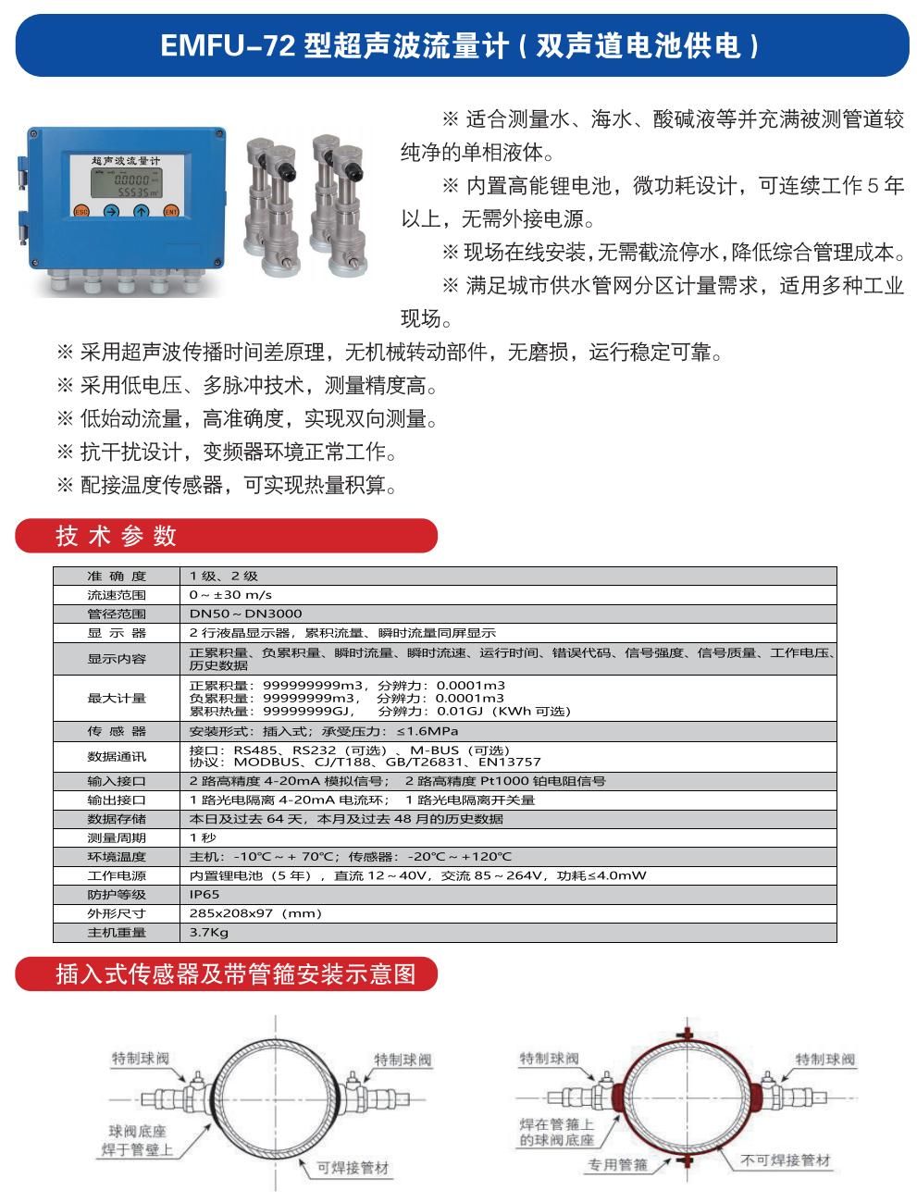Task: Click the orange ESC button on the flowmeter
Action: point(81,211)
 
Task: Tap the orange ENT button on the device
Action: point(170,211)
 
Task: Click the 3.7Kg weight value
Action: point(208,933)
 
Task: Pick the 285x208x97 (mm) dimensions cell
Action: point(254,913)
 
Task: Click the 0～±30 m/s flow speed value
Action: point(230,595)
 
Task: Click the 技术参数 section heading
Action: point(116,536)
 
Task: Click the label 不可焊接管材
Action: point(786,1160)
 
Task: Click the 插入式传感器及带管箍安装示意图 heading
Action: point(236,974)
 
